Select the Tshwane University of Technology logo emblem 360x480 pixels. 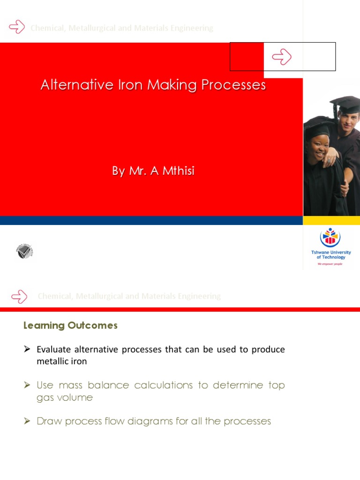330,238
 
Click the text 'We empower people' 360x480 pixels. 330,264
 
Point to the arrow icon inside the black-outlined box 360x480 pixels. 282,57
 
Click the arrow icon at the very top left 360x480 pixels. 17,27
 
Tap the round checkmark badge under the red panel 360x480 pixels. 24,252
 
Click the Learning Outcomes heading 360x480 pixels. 70,325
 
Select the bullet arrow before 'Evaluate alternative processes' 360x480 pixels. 27,349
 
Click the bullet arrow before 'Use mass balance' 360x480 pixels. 27,385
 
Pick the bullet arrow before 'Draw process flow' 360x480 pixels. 27,421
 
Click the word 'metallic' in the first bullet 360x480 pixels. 51,361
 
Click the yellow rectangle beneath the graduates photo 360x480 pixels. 331,220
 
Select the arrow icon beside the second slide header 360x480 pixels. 19,296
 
